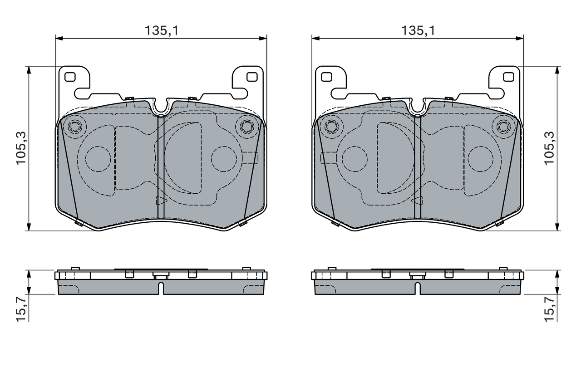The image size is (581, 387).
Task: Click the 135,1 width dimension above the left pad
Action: click(x=162, y=30)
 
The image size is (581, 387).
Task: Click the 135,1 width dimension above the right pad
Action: click(x=418, y=30)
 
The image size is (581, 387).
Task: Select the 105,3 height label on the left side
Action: click(x=21, y=148)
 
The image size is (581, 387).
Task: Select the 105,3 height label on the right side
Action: click(x=549, y=148)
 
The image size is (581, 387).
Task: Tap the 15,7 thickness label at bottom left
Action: click(x=21, y=309)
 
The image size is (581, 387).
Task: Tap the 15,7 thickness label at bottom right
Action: click(x=549, y=309)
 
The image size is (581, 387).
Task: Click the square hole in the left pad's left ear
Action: click(x=70, y=77)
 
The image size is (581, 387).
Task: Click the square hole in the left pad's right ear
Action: click(x=252, y=77)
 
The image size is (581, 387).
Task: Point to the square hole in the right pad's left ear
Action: click(x=326, y=77)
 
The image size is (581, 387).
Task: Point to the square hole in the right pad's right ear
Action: click(x=509, y=77)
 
